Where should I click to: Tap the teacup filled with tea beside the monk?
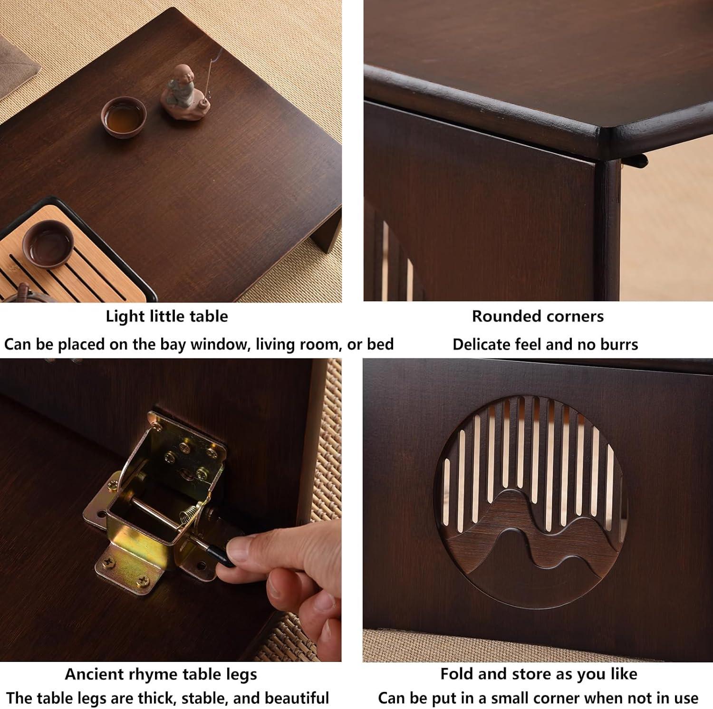point(124,115)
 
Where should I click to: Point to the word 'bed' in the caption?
point(380,344)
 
